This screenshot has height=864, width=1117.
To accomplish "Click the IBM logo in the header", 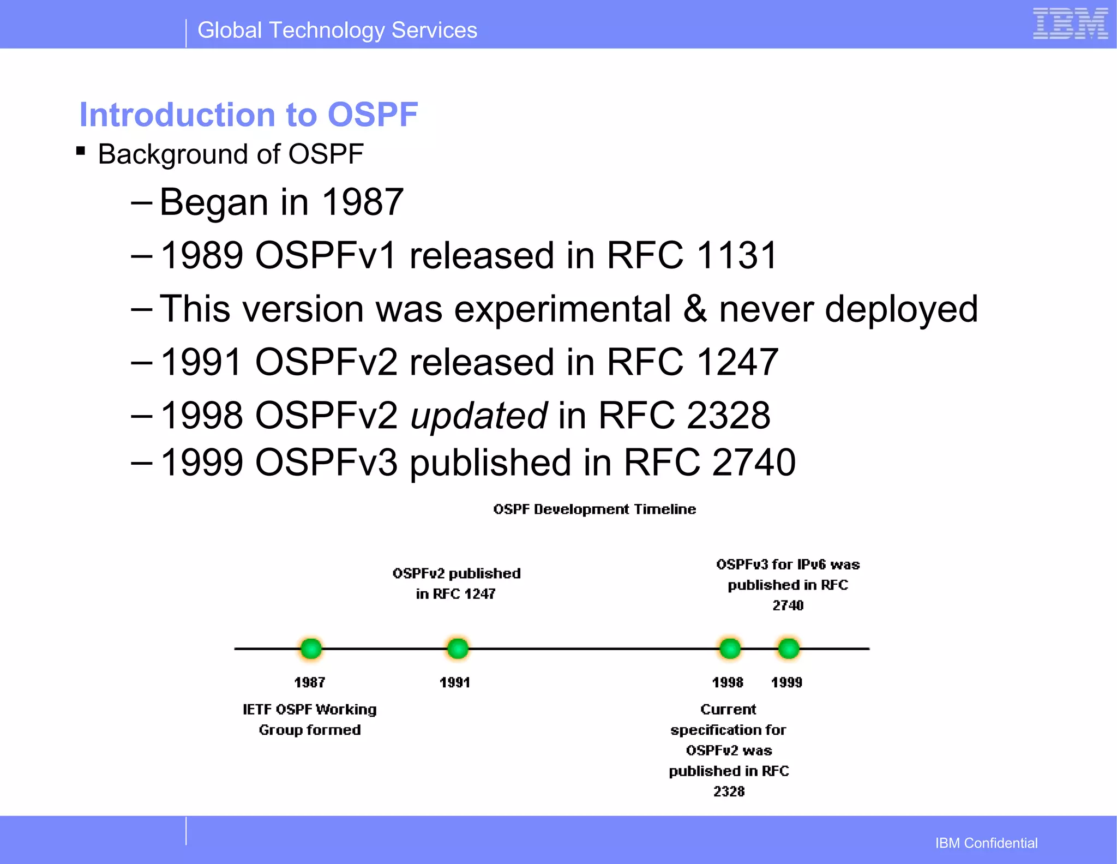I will tap(1070, 24).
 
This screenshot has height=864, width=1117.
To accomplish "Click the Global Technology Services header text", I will tap(337, 30).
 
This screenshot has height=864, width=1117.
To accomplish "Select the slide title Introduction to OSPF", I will tap(248, 115).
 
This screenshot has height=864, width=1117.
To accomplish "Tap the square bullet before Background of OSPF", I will tap(81, 151).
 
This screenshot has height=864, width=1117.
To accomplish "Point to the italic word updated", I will tap(478, 416).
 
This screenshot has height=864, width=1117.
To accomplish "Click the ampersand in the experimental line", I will tap(695, 309).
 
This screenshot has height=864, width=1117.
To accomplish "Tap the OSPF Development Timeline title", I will tap(594, 509).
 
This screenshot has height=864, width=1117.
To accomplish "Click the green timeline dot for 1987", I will tap(311, 649).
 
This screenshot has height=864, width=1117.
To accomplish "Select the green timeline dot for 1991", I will tap(458, 649).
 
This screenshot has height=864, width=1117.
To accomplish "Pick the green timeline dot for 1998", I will tap(730, 649).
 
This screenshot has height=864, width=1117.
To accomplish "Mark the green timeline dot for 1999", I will tap(789, 649).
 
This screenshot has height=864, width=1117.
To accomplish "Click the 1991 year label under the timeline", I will tap(455, 682).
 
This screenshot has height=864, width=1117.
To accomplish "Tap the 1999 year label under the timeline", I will tap(786, 682).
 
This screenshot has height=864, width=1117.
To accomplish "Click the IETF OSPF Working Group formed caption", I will tap(310, 719).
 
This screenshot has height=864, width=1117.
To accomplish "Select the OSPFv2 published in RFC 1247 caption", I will tap(457, 583).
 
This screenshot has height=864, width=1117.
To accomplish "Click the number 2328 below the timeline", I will tap(729, 791).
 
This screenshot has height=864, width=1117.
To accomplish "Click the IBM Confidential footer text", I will tap(986, 843).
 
